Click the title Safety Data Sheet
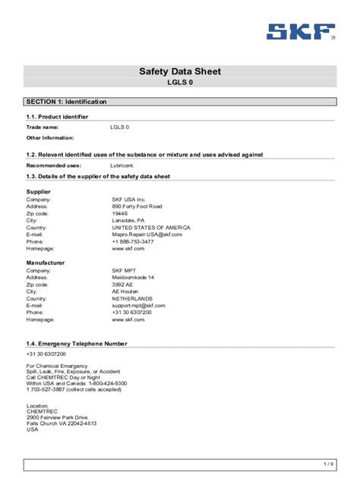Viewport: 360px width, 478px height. click(180, 71)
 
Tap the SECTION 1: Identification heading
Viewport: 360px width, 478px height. click(66, 102)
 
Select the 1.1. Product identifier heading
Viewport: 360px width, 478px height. click(57, 117)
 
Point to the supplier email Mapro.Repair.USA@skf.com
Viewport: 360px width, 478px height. click(147, 234)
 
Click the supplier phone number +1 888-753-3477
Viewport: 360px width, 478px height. click(133, 242)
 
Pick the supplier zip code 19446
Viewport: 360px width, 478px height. click(120, 213)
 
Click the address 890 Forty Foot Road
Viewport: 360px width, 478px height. click(137, 206)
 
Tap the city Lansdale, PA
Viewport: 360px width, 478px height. click(128, 220)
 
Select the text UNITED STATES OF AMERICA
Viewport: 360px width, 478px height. click(151, 228)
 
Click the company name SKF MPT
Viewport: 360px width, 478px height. click(126, 270)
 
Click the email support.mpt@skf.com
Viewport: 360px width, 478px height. click(138, 305)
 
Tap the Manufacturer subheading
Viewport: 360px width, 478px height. click(46, 263)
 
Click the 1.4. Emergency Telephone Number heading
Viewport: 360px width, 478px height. click(77, 344)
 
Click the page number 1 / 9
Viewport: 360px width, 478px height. click(328, 464)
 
